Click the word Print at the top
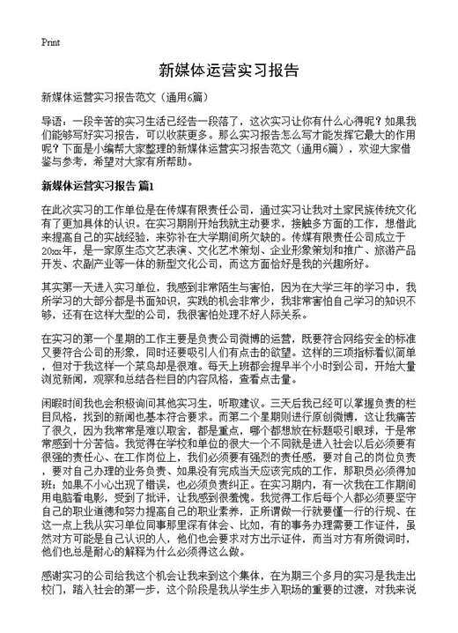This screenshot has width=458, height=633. (50, 41)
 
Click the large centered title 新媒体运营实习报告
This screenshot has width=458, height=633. (228, 69)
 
